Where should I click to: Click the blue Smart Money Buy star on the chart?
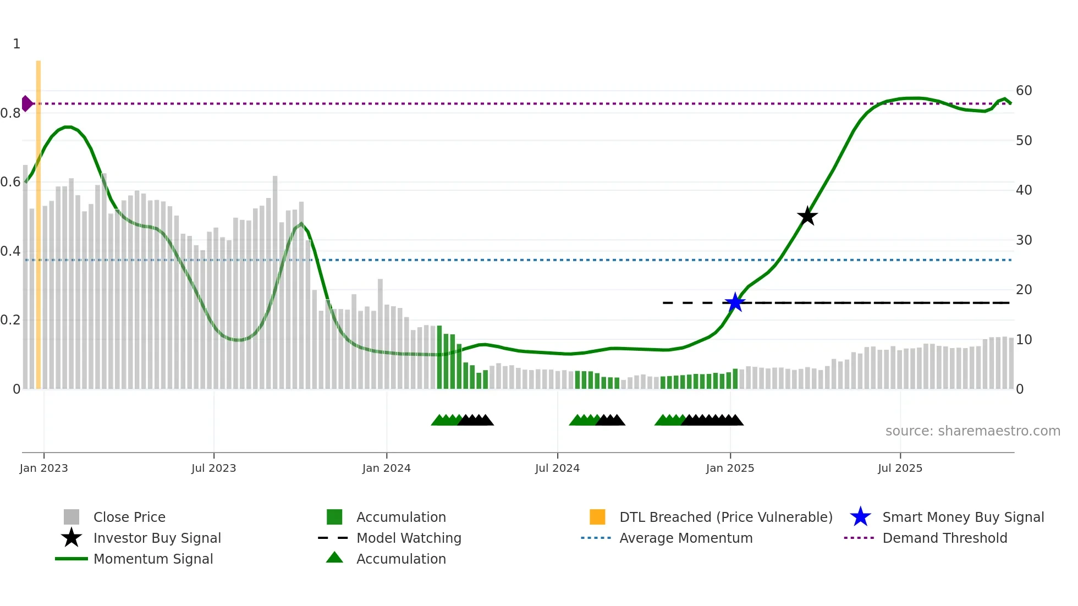[735, 302]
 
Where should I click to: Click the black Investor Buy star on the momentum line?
[807, 216]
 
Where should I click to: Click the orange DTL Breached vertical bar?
[38, 220]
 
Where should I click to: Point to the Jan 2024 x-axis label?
[386, 469]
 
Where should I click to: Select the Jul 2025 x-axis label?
[900, 469]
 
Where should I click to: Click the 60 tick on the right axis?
[1024, 91]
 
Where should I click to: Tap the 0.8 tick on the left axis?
[10, 113]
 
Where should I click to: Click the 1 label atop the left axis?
[16, 44]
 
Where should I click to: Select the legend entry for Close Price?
[129, 517]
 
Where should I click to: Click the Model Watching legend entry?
[409, 538]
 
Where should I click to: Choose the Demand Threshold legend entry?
[944, 538]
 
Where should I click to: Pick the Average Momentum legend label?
[686, 538]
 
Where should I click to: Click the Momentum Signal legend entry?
[153, 559]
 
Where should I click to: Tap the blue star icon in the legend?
[860, 517]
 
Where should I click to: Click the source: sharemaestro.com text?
[972, 431]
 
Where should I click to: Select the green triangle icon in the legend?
[334, 558]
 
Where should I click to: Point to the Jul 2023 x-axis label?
[213, 469]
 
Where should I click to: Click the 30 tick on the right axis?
[1024, 240]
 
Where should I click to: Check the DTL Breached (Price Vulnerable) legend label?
[725, 517]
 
